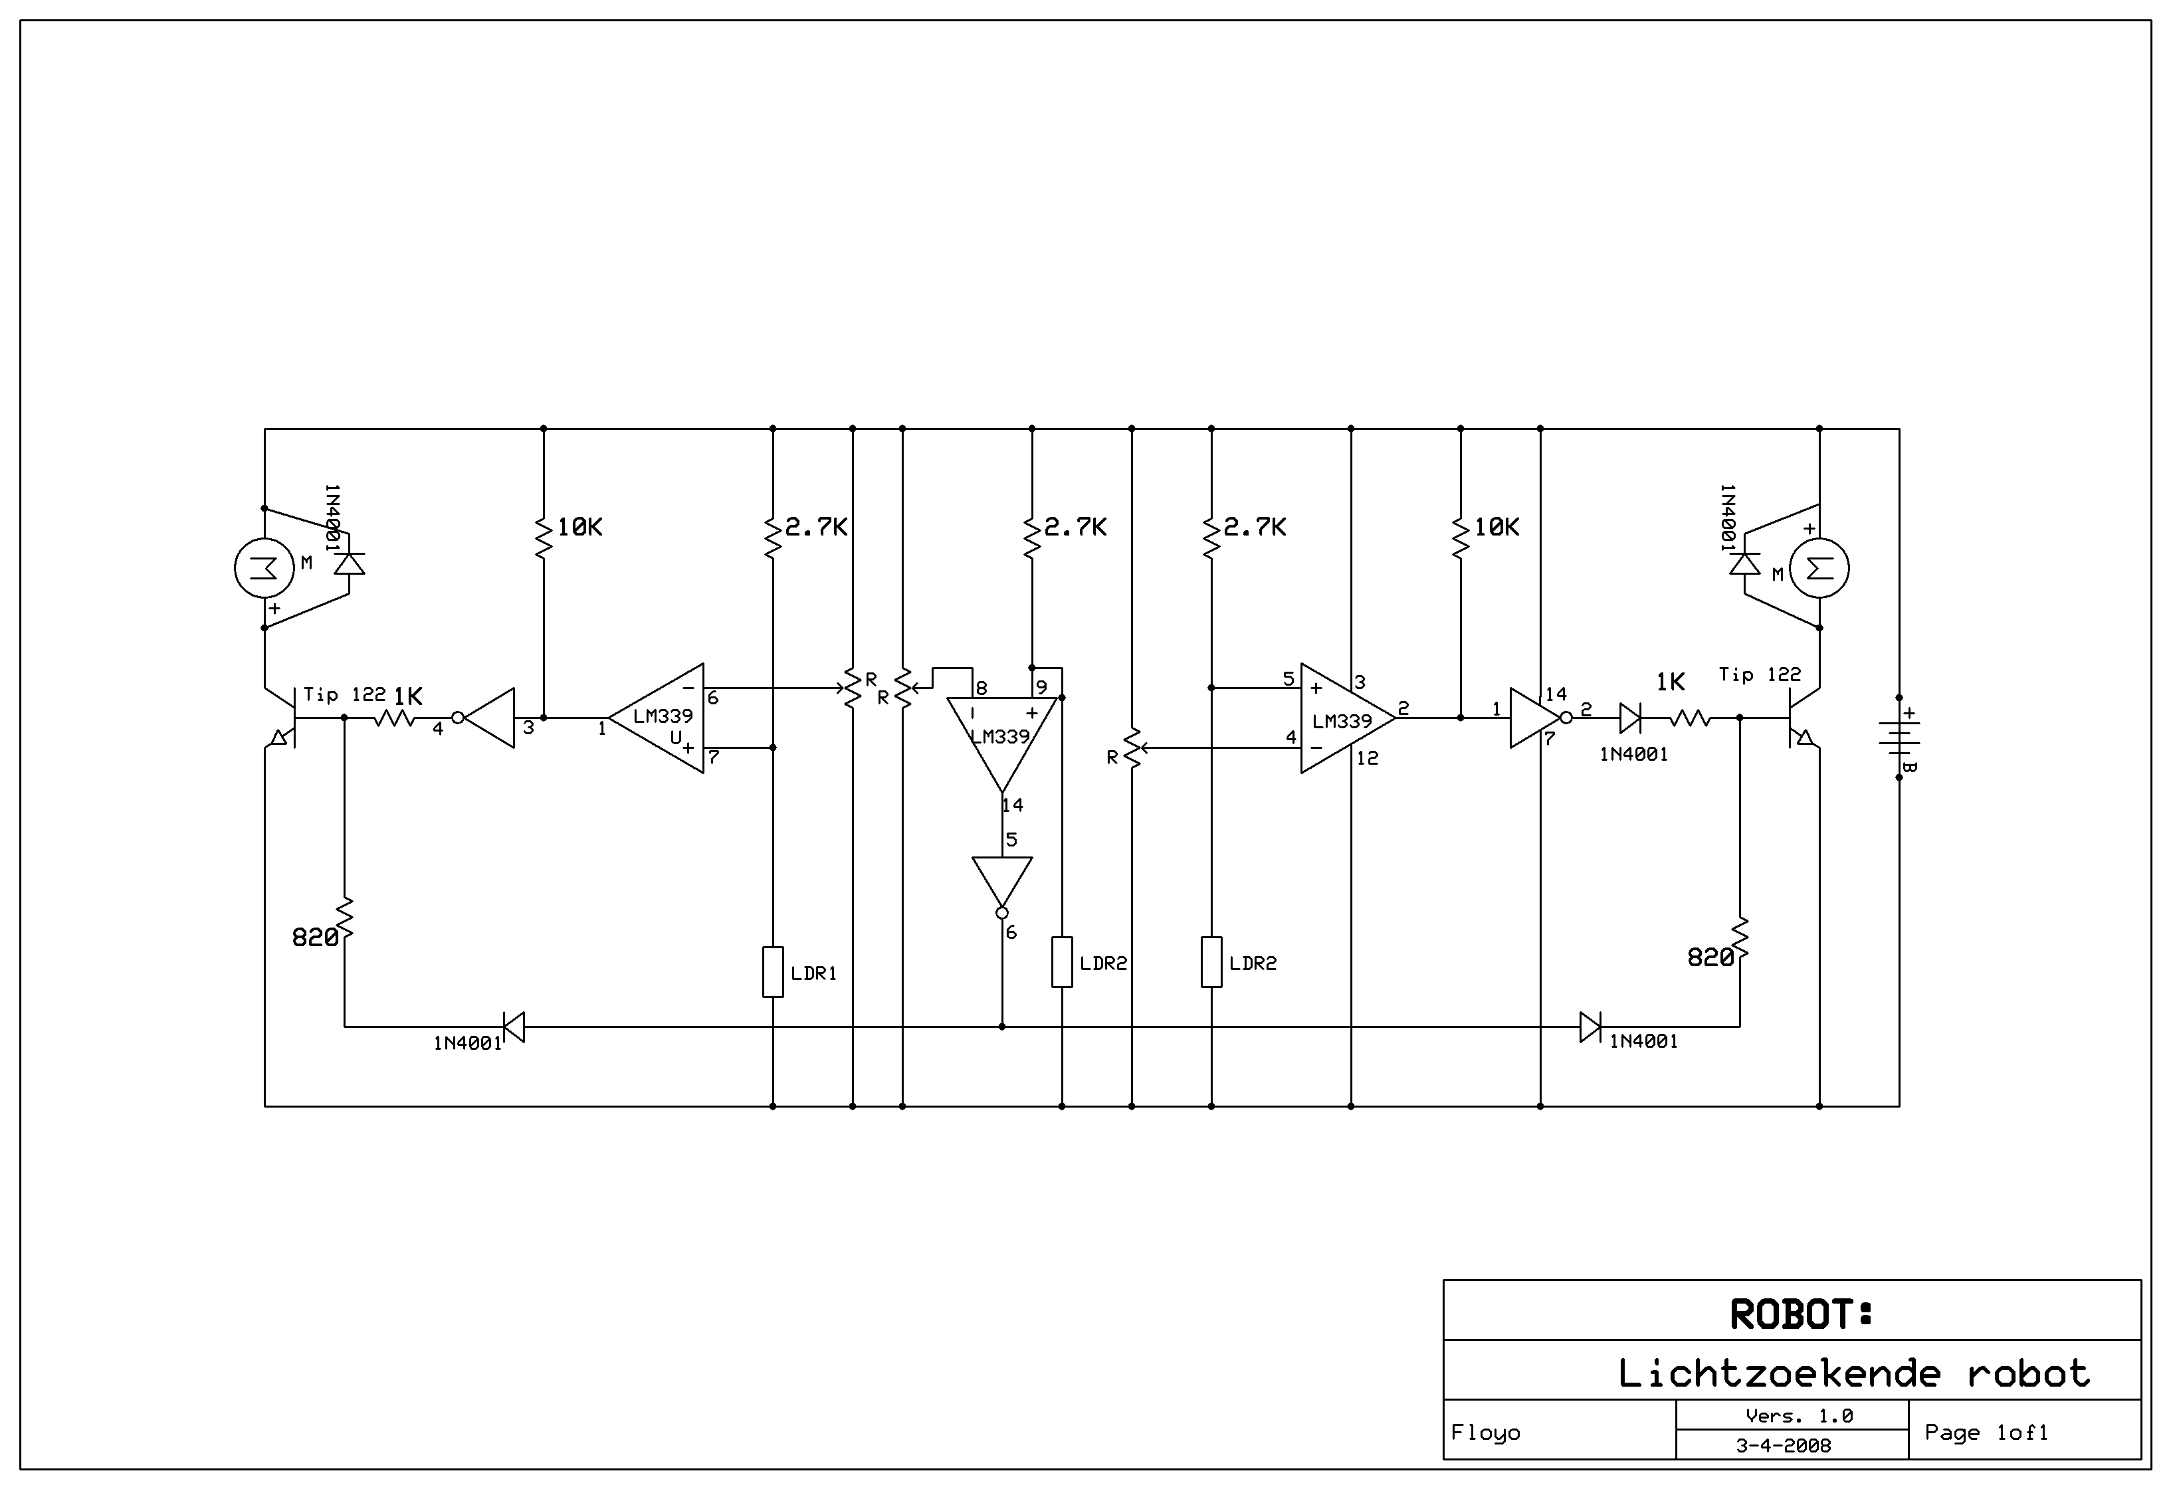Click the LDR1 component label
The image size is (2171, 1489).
coord(813,973)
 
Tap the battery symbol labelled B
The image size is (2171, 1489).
coord(1899,737)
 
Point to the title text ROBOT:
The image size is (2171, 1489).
coord(1801,1314)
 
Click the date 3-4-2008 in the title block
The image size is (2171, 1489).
coord(1784,1446)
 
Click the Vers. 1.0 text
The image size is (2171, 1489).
coord(1800,1416)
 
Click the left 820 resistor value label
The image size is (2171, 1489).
coord(315,937)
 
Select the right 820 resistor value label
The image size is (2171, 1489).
coord(1710,957)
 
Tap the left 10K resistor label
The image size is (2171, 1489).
coord(579,528)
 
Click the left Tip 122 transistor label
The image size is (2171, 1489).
coord(344,694)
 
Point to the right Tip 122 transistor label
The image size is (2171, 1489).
coord(1760,674)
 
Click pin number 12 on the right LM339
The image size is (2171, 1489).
coord(1367,759)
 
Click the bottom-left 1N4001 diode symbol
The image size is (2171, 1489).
coord(513,1027)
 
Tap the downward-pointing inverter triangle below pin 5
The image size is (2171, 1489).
coord(1002,881)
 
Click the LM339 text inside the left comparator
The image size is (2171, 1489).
coord(663,716)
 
